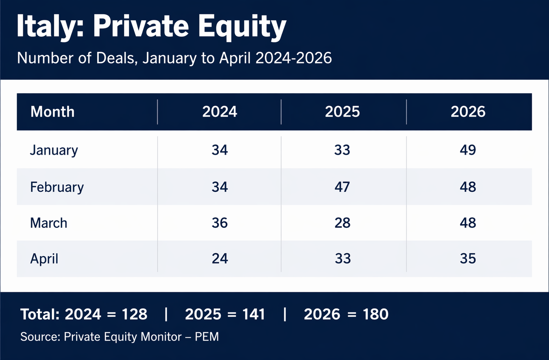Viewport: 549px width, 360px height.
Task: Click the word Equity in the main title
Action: [x=242, y=27]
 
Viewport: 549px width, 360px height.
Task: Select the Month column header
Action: [x=52, y=112]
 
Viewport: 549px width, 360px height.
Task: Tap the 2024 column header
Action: [x=220, y=112]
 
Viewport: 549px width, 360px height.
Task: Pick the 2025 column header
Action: [x=342, y=112]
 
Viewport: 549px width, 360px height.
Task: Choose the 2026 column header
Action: [x=468, y=112]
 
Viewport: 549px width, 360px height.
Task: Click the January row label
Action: [x=54, y=150]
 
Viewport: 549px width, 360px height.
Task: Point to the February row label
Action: [x=57, y=187]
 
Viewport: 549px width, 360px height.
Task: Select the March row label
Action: [x=49, y=223]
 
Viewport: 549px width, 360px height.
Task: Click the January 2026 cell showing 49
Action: [x=468, y=150]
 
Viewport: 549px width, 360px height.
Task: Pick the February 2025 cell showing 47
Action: [x=342, y=187]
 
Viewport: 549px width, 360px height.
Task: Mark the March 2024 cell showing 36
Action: [x=220, y=223]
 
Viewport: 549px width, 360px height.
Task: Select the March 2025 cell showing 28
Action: [x=342, y=223]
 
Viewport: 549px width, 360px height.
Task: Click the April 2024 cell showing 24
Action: [x=220, y=259]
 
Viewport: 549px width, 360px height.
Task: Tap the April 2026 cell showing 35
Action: [x=468, y=259]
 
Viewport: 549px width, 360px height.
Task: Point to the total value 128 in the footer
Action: [x=134, y=314]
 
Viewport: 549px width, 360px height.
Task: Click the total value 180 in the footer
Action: [x=376, y=314]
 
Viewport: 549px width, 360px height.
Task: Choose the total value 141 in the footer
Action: [x=254, y=314]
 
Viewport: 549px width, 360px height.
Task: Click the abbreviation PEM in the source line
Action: [x=207, y=337]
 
